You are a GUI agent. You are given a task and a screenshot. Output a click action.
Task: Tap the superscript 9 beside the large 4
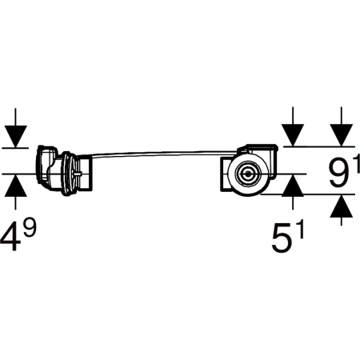pyautogui.click(x=30, y=227)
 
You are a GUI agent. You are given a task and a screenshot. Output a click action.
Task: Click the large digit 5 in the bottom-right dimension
pyautogui.click(x=282, y=238)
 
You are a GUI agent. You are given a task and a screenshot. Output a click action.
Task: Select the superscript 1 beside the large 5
pyautogui.click(x=300, y=229)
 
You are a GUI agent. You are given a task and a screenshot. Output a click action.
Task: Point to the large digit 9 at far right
pyautogui.click(x=339, y=173)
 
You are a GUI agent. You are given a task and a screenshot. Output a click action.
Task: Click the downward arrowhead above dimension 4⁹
pyautogui.click(x=15, y=136)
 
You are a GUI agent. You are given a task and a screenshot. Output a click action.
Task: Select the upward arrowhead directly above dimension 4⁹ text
pyautogui.click(x=15, y=186)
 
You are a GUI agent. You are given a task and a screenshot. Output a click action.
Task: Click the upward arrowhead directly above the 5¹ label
pyautogui.click(x=293, y=186)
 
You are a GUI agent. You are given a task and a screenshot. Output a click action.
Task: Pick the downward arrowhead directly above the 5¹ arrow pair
pyautogui.click(x=293, y=135)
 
